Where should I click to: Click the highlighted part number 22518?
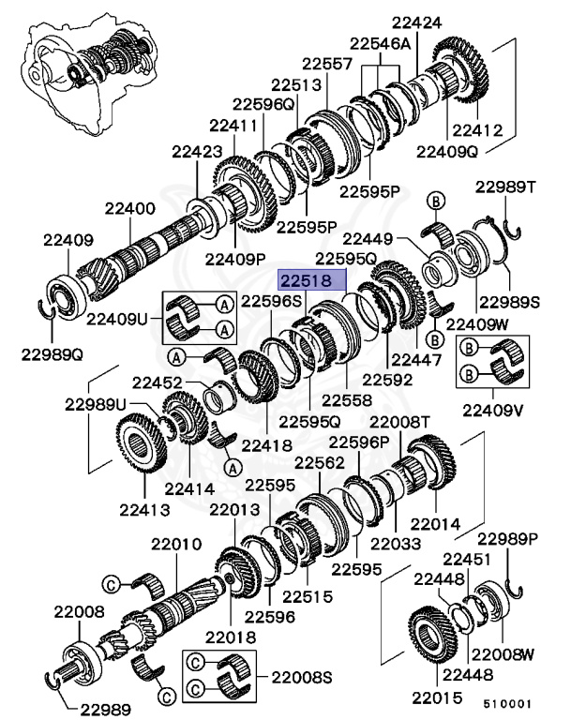pyautogui.click(x=311, y=280)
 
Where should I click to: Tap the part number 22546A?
pyautogui.click(x=380, y=44)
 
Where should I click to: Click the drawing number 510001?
pyautogui.click(x=508, y=700)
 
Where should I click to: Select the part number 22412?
pyautogui.click(x=477, y=130)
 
